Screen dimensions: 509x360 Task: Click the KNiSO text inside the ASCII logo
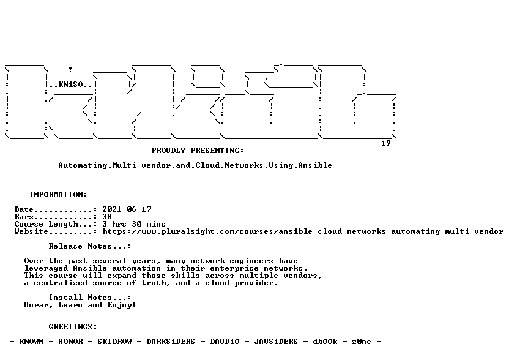71,85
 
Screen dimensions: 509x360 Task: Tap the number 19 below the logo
385,143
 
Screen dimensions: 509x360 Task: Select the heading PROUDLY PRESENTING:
198,151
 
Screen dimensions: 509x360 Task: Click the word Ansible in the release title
315,165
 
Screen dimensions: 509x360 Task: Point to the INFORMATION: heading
58,195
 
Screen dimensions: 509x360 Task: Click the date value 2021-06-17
127,209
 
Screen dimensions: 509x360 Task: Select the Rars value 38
107,217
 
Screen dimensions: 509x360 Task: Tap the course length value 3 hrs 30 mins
134,224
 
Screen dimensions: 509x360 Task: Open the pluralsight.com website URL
303,231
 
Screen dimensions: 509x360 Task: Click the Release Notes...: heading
90,246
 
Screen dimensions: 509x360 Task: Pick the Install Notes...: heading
90,298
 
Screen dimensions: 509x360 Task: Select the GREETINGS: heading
73,327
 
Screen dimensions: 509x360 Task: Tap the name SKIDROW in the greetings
114,342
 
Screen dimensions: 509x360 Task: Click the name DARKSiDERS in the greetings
171,342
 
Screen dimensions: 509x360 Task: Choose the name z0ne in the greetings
362,342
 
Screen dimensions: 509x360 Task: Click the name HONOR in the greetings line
70,342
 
